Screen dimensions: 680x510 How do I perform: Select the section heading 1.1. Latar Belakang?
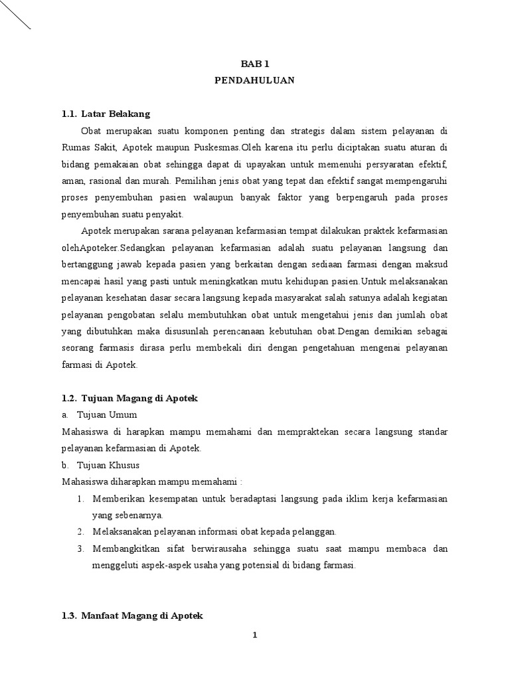click(x=106, y=114)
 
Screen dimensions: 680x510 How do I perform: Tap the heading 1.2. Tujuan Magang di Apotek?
click(x=130, y=398)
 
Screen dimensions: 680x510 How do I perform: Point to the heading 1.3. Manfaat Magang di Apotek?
click(x=132, y=616)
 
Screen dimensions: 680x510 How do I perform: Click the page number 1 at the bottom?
click(x=254, y=636)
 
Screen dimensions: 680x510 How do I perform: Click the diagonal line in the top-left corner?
click(x=15, y=15)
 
